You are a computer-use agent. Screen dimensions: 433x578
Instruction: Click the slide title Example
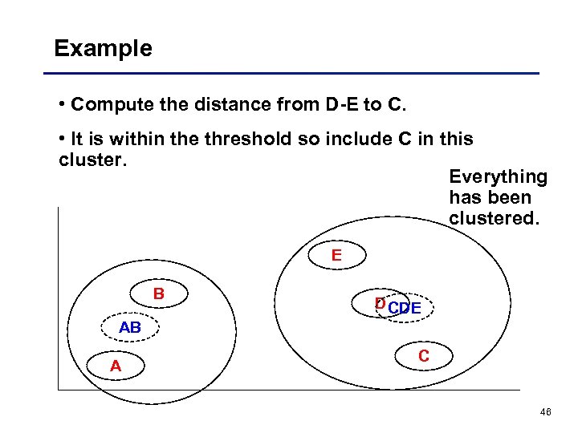pos(103,49)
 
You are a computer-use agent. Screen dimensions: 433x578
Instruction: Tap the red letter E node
pos(336,256)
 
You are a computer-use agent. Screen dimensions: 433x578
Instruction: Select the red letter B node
pos(159,294)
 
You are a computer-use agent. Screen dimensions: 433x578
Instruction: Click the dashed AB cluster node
pos(130,328)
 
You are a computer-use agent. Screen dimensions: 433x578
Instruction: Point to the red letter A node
pos(116,366)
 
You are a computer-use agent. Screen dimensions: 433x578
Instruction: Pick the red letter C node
pos(423,356)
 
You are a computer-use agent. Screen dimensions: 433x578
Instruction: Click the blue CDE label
pos(405,308)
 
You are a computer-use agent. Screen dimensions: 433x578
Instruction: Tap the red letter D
pos(380,304)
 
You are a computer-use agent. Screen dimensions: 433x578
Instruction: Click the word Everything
pos(498,177)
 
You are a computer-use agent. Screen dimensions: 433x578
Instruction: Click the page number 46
pos(546,412)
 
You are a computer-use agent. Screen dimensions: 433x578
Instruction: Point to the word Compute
pos(105,105)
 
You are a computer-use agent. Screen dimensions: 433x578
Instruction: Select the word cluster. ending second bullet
pos(92,160)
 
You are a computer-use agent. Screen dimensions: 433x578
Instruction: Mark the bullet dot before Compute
pos(63,105)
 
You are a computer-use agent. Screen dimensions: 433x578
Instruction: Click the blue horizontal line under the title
pos(297,74)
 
